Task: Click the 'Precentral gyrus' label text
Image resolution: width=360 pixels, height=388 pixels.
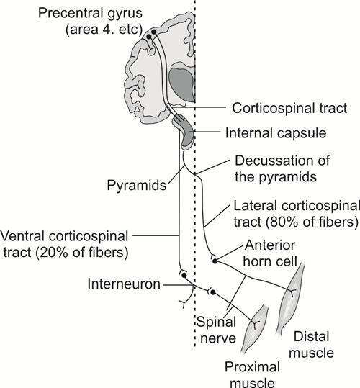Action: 90,14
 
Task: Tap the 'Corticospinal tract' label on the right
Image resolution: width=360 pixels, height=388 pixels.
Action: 289,109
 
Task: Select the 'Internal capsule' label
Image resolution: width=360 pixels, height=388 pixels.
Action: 276,133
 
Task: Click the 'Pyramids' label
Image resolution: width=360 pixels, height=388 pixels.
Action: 137,186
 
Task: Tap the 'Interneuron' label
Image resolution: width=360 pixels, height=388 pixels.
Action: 124,284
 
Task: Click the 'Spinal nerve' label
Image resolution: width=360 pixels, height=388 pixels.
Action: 217,330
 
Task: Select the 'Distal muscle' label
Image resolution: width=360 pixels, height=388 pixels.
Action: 311,344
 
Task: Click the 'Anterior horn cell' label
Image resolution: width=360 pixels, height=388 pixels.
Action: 270,253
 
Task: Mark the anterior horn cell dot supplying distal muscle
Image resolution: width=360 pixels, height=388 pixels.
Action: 215,261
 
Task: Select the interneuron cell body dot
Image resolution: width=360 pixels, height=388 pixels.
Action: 184,275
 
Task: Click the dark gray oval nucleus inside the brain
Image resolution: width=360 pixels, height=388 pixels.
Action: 181,84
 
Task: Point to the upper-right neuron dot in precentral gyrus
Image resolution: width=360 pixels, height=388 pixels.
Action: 154,32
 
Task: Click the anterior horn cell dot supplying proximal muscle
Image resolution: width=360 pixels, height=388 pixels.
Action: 213,292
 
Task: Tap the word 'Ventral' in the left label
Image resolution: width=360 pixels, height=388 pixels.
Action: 23,236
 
